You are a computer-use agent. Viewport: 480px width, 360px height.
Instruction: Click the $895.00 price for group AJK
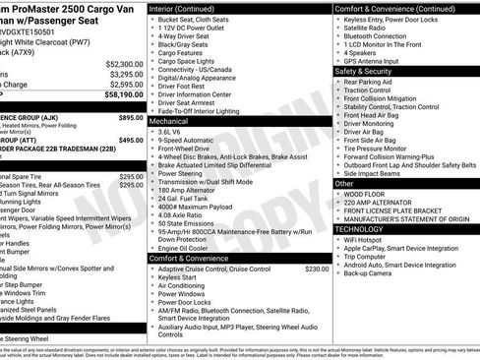(130, 117)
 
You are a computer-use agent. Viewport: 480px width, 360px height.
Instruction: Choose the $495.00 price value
(130, 141)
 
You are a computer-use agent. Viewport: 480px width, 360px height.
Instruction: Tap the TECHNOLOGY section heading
(365, 227)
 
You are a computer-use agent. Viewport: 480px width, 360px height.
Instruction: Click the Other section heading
(345, 183)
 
